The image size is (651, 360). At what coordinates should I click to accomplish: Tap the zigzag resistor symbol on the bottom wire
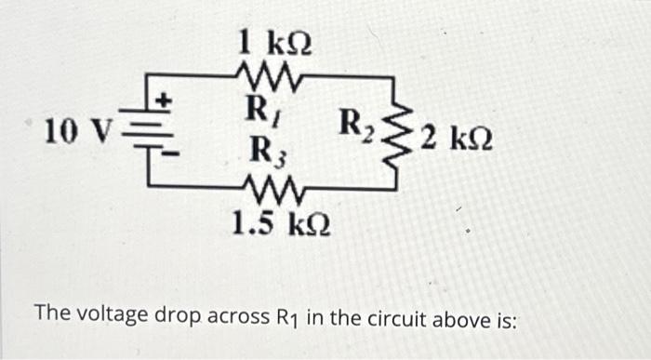[272, 192]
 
